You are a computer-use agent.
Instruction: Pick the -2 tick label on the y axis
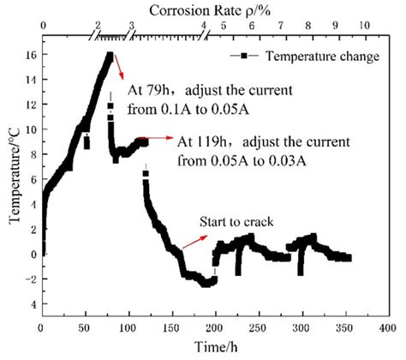coord(28,279)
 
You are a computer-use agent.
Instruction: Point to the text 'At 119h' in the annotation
coord(196,139)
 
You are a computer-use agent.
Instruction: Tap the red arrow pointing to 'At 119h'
coord(154,137)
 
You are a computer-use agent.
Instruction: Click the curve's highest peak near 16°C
coord(110,56)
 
